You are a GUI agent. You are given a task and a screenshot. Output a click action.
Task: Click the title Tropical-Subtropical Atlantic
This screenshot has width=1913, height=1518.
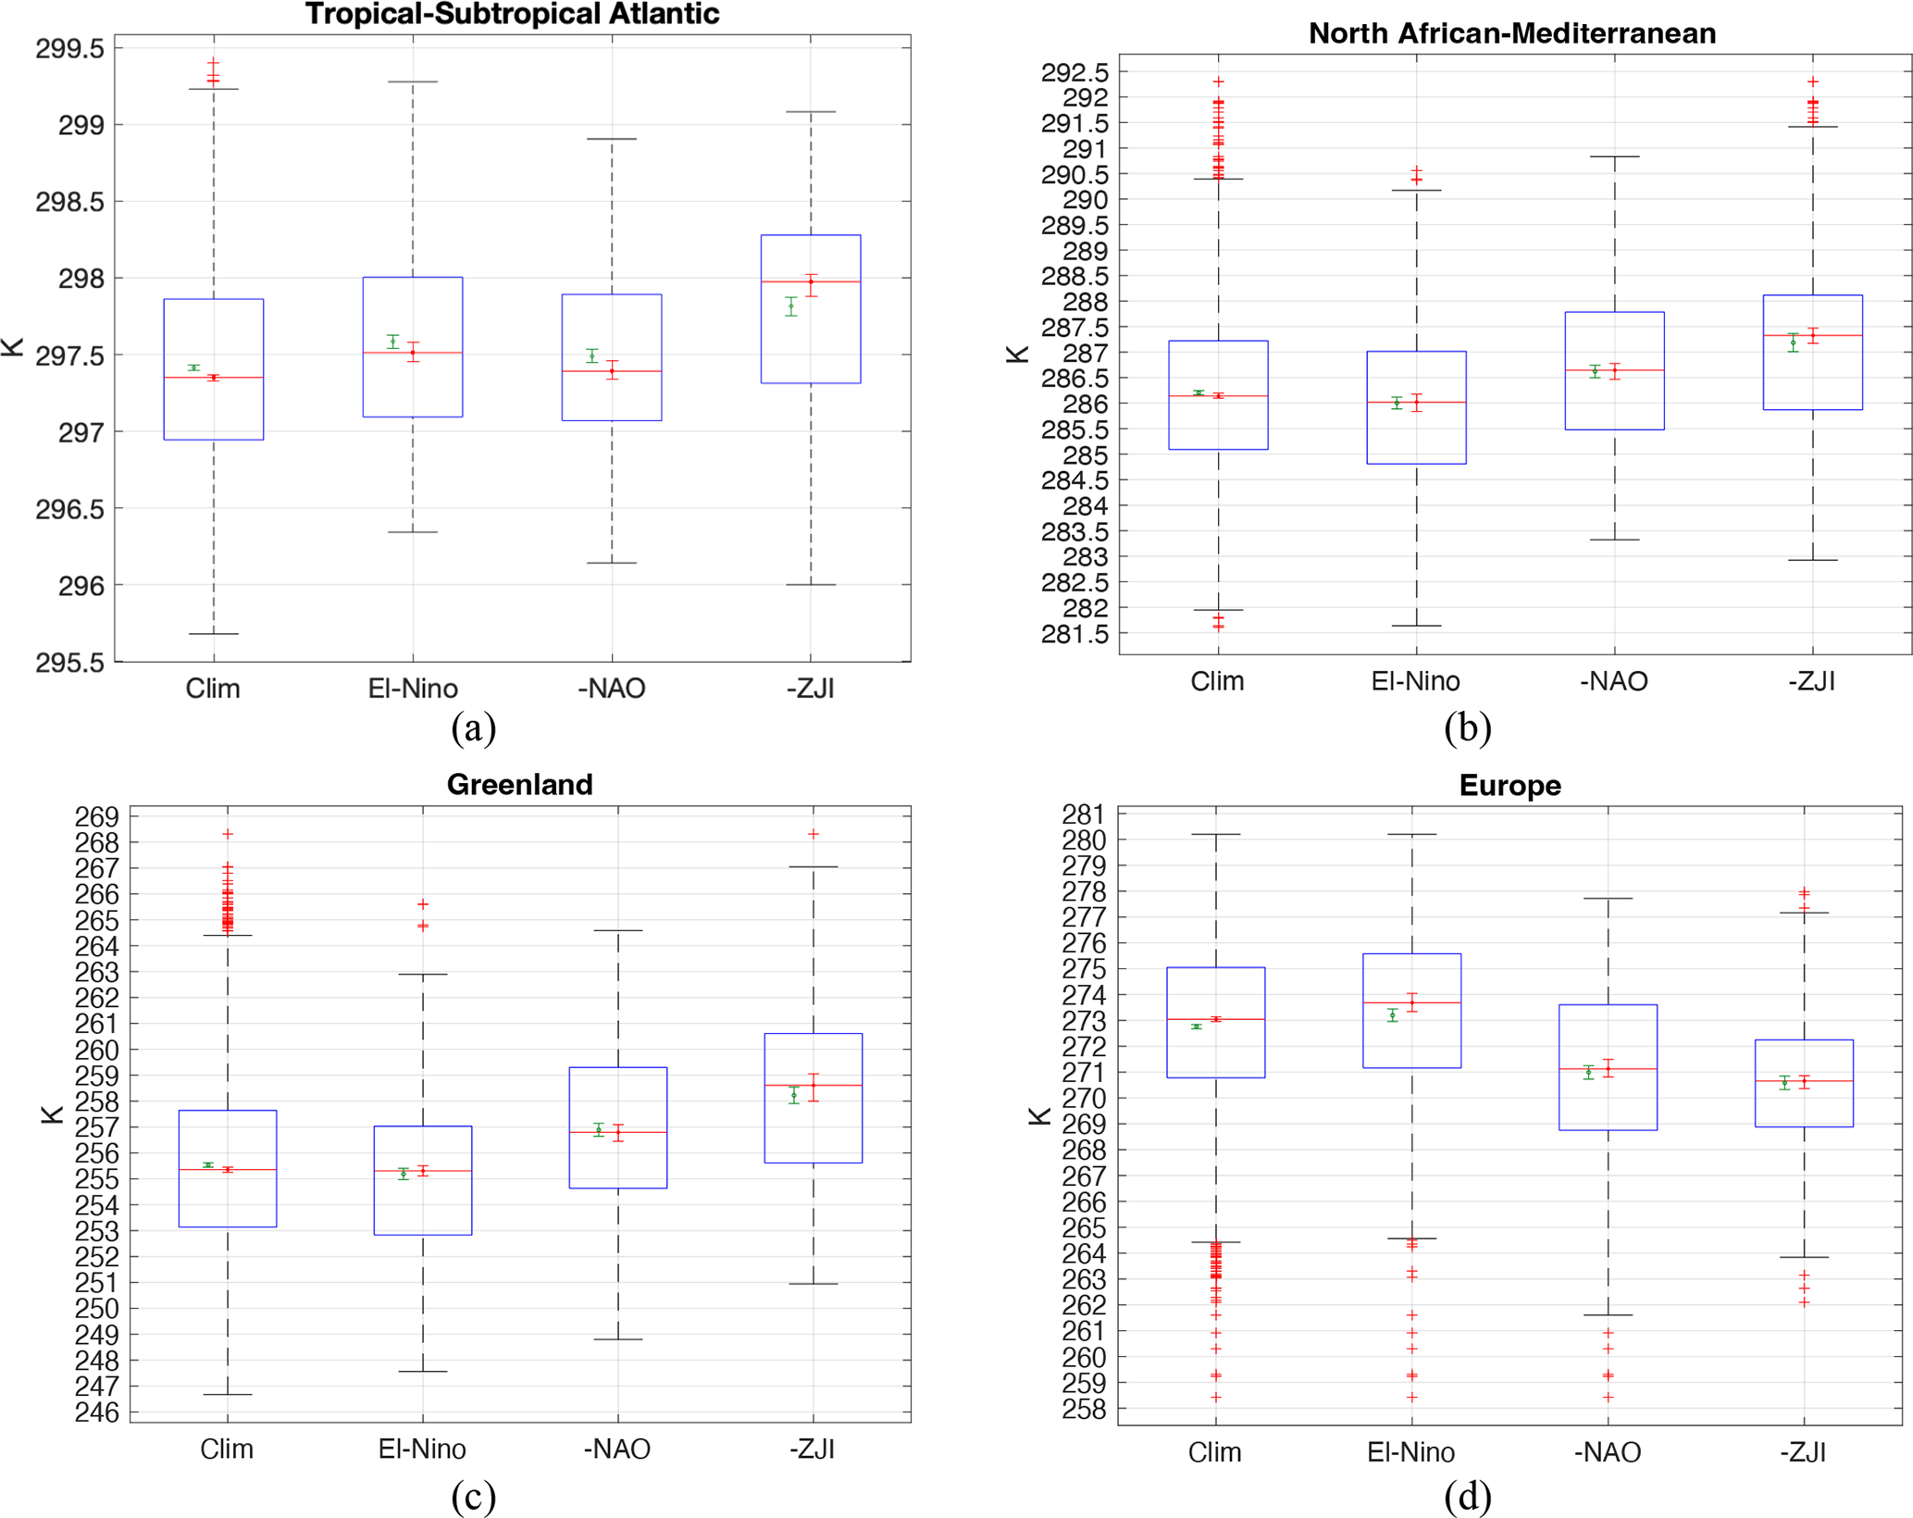coord(512,14)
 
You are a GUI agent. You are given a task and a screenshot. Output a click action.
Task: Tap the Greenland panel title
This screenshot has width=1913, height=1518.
coord(519,784)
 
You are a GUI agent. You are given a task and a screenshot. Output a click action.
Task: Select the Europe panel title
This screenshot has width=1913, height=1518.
coord(1509,785)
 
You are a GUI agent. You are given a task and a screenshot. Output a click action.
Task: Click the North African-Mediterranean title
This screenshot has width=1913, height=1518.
coord(1511,33)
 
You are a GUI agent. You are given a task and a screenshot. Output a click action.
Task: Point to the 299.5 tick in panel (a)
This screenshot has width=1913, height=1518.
coord(70,48)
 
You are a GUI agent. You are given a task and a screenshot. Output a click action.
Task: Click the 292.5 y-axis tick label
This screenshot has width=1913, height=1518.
coord(1075,72)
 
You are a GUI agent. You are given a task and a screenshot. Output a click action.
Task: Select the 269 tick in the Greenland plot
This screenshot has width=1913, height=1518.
coord(97,816)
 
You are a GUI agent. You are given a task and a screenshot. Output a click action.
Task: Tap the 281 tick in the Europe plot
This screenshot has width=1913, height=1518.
coord(1083,815)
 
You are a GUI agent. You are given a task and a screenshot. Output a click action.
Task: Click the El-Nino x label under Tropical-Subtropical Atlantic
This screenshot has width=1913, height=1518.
coord(413,689)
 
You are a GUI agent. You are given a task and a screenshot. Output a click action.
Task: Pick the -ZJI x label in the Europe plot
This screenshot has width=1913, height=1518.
coord(1803,1451)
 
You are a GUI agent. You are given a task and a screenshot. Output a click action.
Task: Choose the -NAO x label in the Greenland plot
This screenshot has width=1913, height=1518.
coord(617,1449)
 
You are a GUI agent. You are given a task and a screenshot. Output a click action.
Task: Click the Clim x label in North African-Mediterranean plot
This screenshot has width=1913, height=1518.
coord(1217,681)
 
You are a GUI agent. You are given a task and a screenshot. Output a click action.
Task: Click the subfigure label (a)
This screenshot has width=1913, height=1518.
coord(473,728)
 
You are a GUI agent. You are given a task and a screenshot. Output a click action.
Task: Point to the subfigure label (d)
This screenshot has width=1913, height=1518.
coord(1467,1497)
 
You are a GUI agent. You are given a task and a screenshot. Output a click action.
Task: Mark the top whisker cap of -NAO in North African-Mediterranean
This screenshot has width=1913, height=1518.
coord(1614,156)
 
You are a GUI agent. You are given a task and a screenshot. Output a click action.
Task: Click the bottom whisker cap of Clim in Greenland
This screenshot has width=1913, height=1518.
coord(228,1394)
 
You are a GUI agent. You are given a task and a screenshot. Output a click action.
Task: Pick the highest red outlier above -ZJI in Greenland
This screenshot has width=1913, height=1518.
coord(814,834)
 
